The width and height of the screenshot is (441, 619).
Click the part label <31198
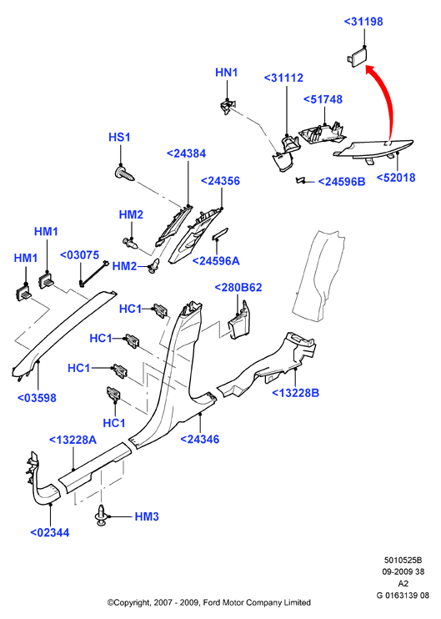click(363, 22)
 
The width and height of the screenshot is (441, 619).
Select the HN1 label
click(227, 73)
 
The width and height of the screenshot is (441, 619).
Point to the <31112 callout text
click(283, 78)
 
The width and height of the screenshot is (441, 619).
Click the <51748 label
click(323, 99)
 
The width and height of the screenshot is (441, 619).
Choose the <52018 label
click(396, 178)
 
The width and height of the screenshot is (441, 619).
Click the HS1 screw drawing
click(123, 174)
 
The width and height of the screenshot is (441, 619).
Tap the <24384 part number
click(186, 153)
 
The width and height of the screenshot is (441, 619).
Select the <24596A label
click(216, 261)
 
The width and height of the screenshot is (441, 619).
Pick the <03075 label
click(79, 255)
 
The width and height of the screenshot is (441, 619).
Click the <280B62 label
click(238, 287)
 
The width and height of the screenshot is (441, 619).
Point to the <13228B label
click(295, 393)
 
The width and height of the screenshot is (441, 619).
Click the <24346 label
click(199, 439)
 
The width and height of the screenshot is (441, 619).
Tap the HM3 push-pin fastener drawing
click(102, 516)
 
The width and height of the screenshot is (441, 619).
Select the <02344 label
click(50, 532)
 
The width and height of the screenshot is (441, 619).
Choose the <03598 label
click(37, 398)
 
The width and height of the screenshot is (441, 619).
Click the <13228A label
click(73, 440)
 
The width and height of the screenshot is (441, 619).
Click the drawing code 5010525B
click(403, 560)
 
